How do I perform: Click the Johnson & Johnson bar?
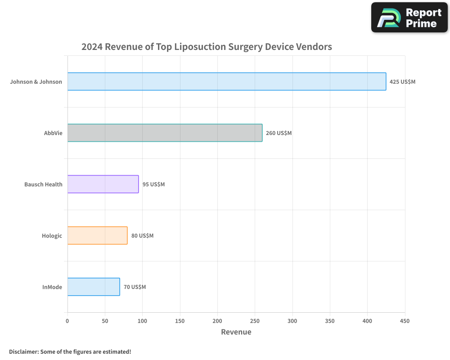pos(227,81)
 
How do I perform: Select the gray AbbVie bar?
pos(165,133)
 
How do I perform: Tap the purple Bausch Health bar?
pos(103,184)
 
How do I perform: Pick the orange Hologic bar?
pos(97,235)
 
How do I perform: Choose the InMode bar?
pos(94,287)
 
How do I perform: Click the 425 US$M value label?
pos(402,82)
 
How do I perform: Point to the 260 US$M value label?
pos(279,133)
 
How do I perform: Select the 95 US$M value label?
pos(153,184)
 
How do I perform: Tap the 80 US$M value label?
pos(142,236)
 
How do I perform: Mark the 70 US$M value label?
pos(135,287)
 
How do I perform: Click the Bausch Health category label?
pos(43,184)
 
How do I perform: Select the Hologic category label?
pos(52,236)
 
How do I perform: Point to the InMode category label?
pos(52,287)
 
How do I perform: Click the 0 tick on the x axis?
pos(67,321)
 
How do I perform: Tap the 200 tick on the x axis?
pos(217,321)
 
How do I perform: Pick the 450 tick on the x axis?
pos(405,321)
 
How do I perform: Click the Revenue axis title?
pos(236,332)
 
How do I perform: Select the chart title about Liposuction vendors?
pos(207,46)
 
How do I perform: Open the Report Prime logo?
pos(409,18)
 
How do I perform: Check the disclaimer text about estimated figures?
pos(70,351)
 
